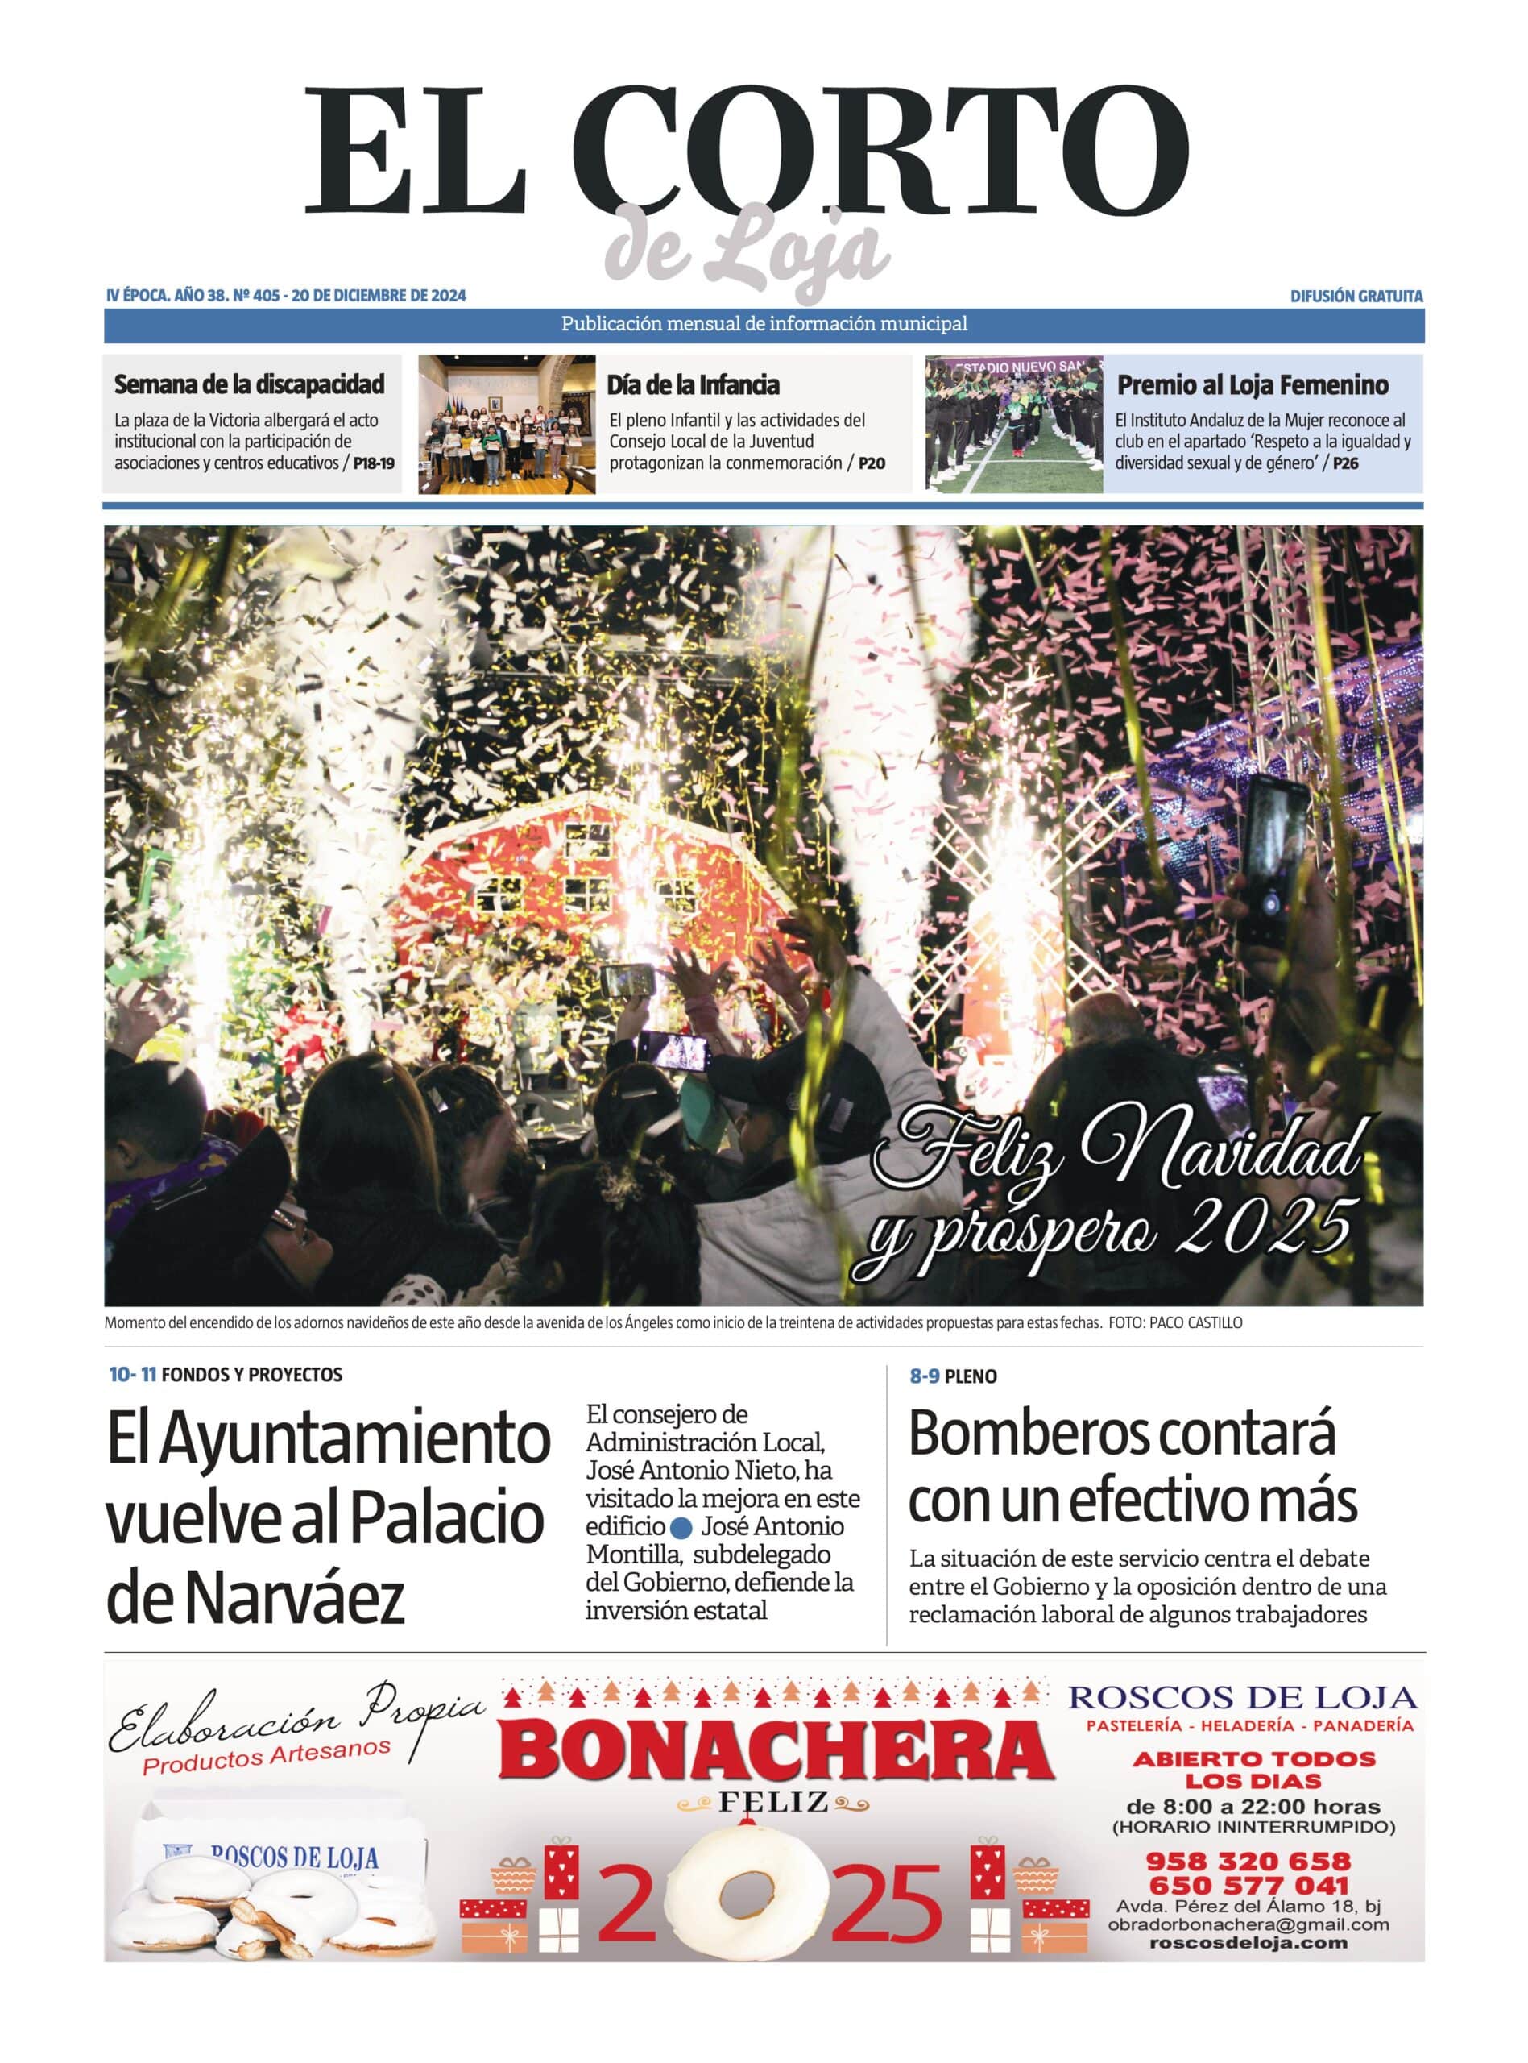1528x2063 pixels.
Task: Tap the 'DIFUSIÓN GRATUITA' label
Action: tap(1356, 296)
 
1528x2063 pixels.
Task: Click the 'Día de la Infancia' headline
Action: tap(693, 385)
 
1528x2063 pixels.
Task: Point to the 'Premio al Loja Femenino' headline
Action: tap(1253, 385)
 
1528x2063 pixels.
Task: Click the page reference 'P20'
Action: tap(872, 463)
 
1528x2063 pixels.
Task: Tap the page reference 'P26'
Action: tap(1346, 463)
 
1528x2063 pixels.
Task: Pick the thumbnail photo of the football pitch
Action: tap(1014, 424)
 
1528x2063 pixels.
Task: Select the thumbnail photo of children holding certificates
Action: tap(507, 424)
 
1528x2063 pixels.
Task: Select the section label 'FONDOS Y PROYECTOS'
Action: tap(251, 1375)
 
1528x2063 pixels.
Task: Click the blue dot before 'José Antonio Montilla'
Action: tap(682, 1527)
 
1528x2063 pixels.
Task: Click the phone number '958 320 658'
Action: tap(1248, 1861)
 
